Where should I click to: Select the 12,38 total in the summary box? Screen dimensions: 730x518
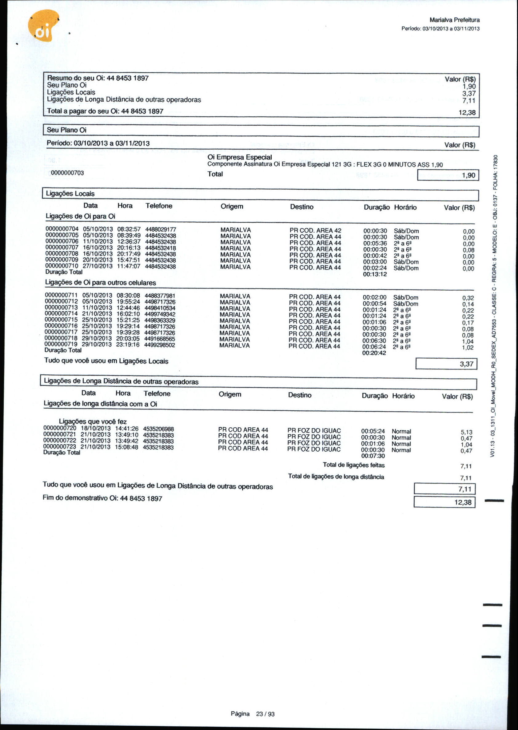click(x=467, y=112)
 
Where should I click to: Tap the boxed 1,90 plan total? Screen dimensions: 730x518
click(x=468, y=175)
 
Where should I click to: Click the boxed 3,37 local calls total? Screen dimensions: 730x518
click(x=466, y=364)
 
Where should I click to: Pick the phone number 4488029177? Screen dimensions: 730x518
click(x=161, y=230)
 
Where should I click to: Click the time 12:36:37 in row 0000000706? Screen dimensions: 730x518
click(x=129, y=242)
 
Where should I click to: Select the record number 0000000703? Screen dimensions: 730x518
click(x=67, y=173)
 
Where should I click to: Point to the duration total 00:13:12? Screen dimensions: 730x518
click(x=375, y=274)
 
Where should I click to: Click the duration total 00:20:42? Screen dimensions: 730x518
click(x=374, y=353)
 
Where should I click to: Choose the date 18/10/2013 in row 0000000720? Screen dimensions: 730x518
click(x=95, y=428)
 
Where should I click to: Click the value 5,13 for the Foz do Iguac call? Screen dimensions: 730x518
click(x=466, y=432)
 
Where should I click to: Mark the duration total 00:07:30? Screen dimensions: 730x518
click(x=373, y=456)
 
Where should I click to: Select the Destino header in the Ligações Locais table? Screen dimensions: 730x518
click(x=301, y=207)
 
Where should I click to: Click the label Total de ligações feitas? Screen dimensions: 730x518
click(x=353, y=465)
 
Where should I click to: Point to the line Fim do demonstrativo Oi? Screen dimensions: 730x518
click(x=102, y=498)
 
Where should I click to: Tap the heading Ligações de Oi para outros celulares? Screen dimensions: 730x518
click(x=101, y=283)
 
